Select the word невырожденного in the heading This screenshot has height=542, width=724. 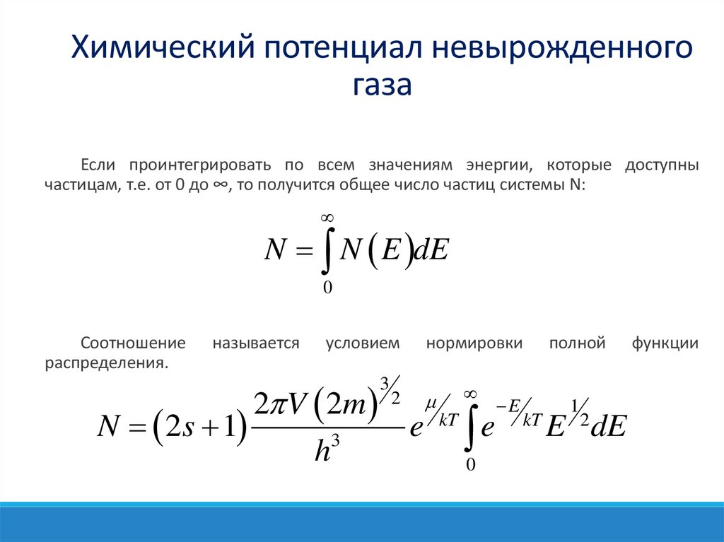[564, 49]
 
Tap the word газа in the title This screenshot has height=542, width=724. [382, 86]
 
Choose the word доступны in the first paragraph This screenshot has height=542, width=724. [662, 165]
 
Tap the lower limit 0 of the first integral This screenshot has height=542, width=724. [327, 287]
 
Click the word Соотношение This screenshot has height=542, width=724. [133, 343]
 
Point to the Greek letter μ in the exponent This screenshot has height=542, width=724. [431, 403]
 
